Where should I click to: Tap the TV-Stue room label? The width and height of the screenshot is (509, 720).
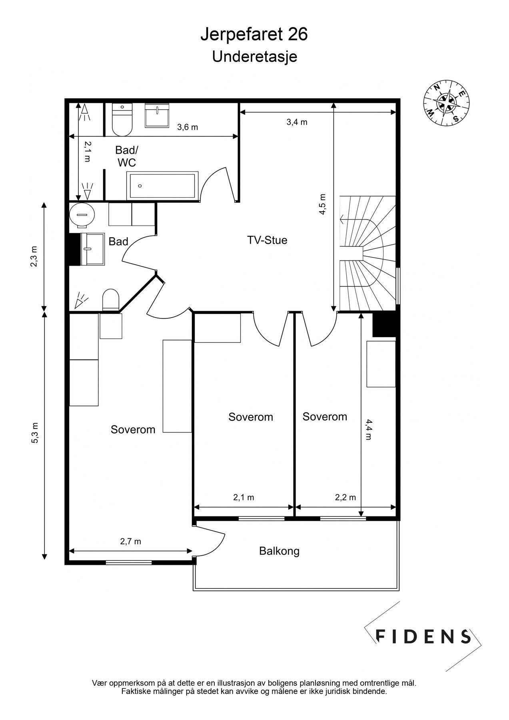coord(267,240)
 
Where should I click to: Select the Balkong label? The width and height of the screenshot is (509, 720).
coord(279,551)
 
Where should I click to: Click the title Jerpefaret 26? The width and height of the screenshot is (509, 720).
coord(254,35)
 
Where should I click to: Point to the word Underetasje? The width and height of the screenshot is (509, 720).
coord(255,57)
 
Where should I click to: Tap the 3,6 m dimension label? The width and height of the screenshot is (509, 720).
coord(188,127)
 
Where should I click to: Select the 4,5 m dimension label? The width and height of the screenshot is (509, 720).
coord(322,204)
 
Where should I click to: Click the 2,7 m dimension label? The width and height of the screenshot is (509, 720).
coord(130,542)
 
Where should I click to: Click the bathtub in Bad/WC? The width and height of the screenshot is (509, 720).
coord(163,185)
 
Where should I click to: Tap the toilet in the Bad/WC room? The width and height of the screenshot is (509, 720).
coord(122,120)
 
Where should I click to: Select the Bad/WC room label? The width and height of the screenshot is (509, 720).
coord(126,156)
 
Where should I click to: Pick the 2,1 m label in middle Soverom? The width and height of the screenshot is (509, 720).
coord(244,498)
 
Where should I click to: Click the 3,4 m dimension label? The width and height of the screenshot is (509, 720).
coord(297,122)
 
